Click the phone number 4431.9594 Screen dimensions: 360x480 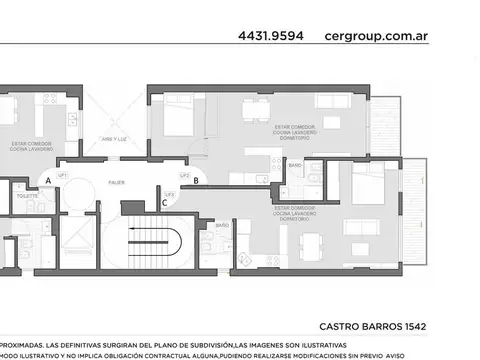coord(272,35)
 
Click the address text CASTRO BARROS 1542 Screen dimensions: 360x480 coord(379,326)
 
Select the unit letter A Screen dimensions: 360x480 coord(47,181)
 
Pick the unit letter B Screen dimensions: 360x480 coord(196,180)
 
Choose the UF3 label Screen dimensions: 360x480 coord(170,193)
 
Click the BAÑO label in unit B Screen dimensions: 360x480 coord(296,162)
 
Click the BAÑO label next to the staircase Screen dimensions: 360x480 coord(221,226)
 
